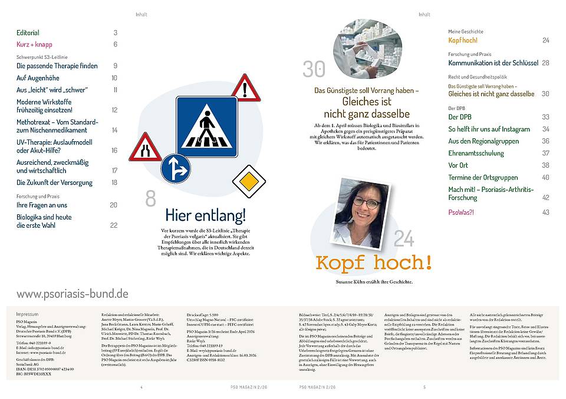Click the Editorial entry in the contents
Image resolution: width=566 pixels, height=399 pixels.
click(x=28, y=33)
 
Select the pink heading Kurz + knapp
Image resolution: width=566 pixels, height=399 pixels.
click(x=34, y=45)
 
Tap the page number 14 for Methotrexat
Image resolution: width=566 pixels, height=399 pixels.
click(x=114, y=130)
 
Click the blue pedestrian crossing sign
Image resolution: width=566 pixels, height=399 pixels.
click(x=206, y=127)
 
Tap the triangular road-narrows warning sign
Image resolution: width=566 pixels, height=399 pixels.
click(x=144, y=148)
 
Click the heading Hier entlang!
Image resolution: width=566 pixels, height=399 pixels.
click(x=205, y=214)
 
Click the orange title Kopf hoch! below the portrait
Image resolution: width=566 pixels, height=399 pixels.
click(x=374, y=262)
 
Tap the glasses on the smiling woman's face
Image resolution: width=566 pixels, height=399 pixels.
click(x=366, y=204)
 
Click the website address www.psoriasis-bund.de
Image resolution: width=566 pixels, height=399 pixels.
click(x=72, y=293)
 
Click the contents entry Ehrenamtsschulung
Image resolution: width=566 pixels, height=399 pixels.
click(x=476, y=154)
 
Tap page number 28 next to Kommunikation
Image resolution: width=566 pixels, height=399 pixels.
click(x=545, y=63)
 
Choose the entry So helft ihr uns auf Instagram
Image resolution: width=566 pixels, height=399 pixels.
click(x=489, y=129)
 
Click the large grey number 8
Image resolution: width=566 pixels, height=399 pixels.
click(x=151, y=197)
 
